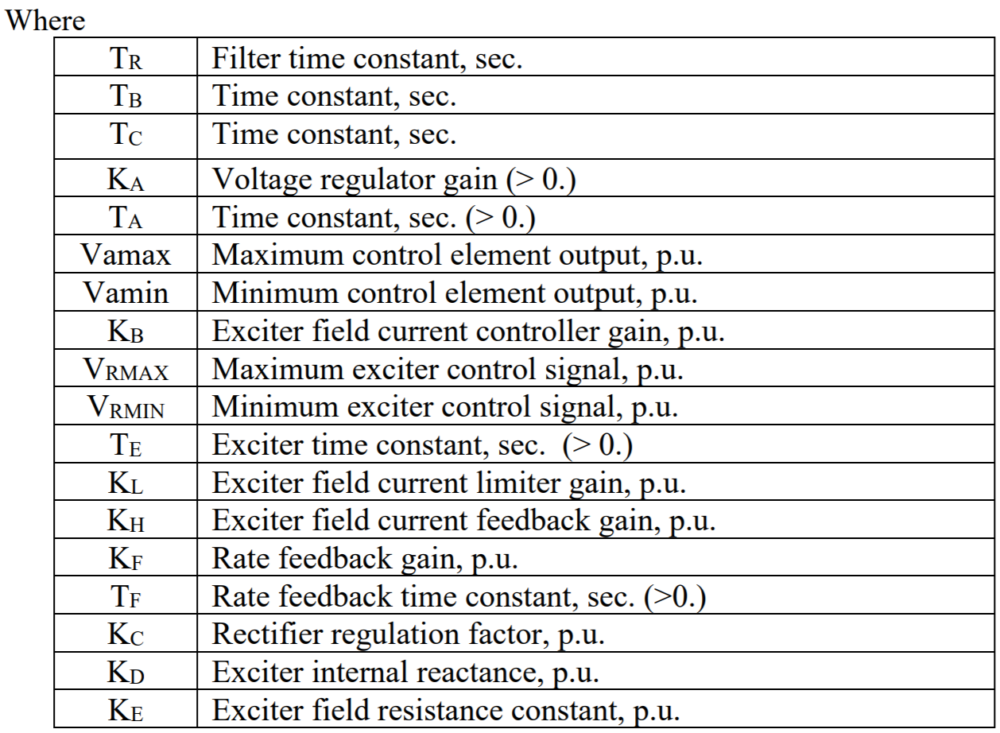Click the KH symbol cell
(128, 518)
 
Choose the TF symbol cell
(128, 594)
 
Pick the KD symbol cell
(128, 670)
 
